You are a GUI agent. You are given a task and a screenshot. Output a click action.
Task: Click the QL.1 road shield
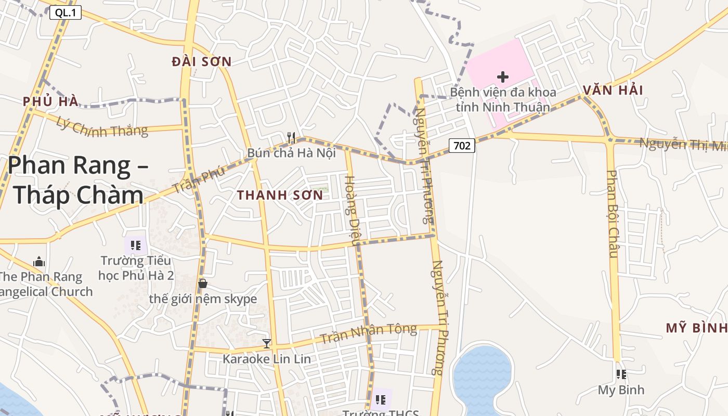point(66,13)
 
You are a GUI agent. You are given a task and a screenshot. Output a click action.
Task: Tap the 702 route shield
point(462,146)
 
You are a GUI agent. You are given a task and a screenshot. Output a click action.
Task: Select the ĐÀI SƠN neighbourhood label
point(202,61)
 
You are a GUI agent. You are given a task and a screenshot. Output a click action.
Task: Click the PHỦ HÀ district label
point(50,101)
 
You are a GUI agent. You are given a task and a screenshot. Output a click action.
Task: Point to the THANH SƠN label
point(280,196)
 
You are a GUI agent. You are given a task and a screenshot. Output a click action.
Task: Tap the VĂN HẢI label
point(613,90)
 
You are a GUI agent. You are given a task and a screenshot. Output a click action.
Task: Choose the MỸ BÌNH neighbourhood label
point(696,328)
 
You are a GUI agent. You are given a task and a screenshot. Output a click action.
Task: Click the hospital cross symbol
point(502,77)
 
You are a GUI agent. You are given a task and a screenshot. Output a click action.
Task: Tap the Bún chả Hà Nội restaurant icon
point(291,138)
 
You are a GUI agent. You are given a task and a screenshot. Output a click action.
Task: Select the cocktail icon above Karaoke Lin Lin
point(267,343)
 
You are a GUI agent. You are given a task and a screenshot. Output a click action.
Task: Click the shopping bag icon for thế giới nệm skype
point(203,283)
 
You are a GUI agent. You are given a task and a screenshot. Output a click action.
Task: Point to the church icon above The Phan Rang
point(39,261)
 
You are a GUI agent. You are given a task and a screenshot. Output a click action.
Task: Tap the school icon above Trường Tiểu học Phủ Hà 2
point(136,245)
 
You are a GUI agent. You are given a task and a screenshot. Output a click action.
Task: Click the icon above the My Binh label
point(620,374)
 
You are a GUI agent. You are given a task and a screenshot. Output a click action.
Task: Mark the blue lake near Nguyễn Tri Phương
point(483,377)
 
